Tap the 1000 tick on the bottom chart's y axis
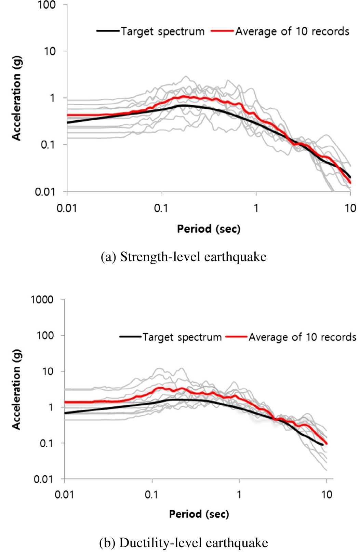pos(42,300)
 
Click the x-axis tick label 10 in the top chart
pos(350,208)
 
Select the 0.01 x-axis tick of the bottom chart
pos(65,495)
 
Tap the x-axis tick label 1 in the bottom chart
pos(239,495)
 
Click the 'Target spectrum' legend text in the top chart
pos(163,31)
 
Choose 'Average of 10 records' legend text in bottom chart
pos(302,337)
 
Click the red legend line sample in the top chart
pos(223,31)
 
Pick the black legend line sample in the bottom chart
pos(130,337)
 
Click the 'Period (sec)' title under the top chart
pos(209,229)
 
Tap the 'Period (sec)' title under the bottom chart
pos(199,514)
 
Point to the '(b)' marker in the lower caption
pos(107,543)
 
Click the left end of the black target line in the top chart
pos(67,122)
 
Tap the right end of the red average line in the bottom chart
pos(326,443)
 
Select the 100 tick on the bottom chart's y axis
pos(45,336)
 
